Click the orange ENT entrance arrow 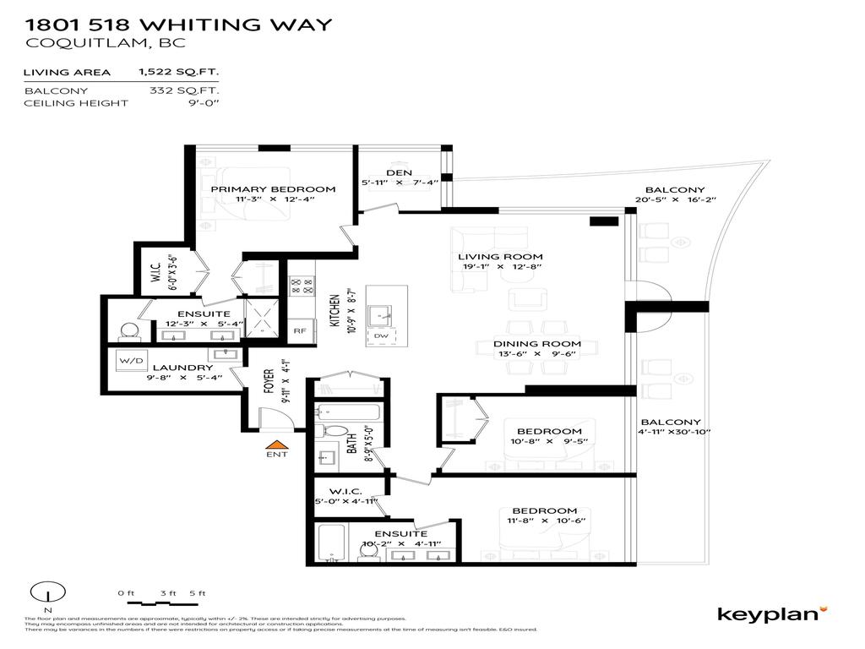tap(276, 444)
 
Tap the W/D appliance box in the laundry tap(133, 361)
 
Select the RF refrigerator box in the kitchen tap(299, 331)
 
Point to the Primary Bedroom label tap(272, 189)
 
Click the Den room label tap(399, 172)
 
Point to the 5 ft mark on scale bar tap(198, 592)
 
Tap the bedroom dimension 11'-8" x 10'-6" tap(544, 521)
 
